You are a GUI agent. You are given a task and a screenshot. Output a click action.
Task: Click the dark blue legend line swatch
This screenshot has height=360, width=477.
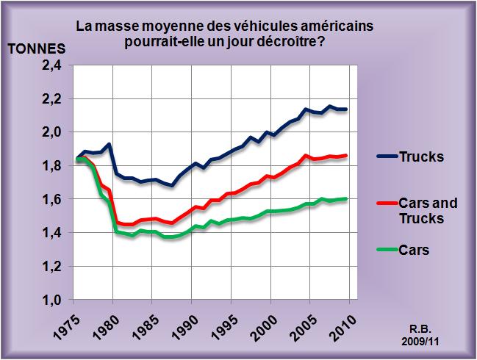[384, 156]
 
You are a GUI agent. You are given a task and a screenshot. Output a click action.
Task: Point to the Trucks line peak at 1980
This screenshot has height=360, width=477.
[110, 144]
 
